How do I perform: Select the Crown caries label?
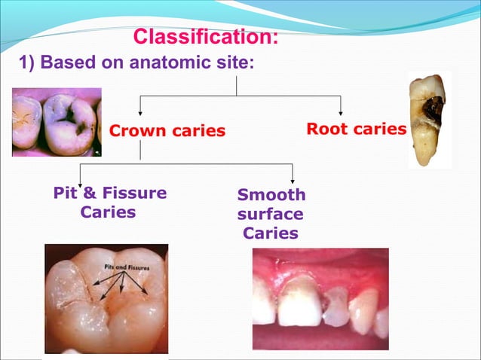pyautogui.click(x=167, y=131)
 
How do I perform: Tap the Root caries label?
pyautogui.click(x=356, y=129)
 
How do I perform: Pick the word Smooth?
pyautogui.click(x=271, y=196)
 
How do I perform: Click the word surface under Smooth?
pyautogui.click(x=270, y=215)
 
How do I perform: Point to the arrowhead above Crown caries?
pyautogui.click(x=139, y=112)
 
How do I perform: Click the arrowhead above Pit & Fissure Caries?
pyautogui.click(x=81, y=178)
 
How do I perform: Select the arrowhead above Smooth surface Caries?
pyautogui.click(x=293, y=178)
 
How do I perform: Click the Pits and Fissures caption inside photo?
pyautogui.click(x=126, y=267)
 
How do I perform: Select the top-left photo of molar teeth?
pyautogui.click(x=56, y=121)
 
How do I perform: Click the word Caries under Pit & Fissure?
pyautogui.click(x=108, y=212)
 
